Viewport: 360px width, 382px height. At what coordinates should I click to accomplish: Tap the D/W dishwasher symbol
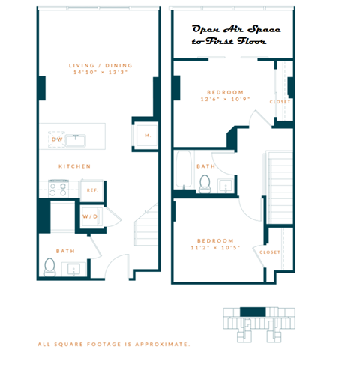coord(56,139)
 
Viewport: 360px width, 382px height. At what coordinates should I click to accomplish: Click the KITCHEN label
coord(75,166)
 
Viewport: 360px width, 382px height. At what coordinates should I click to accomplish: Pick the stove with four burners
coord(58,188)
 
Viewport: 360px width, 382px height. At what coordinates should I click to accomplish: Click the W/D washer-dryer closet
coord(91,216)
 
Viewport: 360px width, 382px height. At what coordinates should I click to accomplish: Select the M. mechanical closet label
coord(147,136)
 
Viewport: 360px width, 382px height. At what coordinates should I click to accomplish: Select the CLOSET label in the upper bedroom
coord(280,101)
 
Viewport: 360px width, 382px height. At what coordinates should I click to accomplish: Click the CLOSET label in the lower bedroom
coord(269,252)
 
